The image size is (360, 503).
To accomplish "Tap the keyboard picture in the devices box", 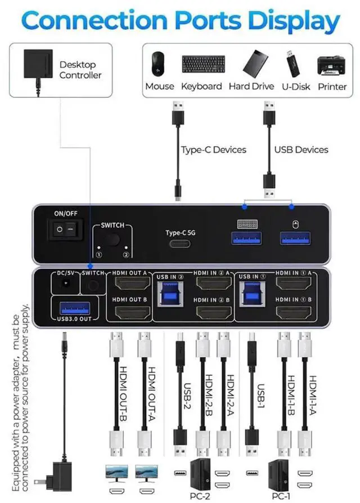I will pyautogui.click(x=203, y=65).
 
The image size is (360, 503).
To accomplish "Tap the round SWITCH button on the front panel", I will pyautogui.click(x=114, y=240).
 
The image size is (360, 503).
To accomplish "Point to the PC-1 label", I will pyautogui.click(x=281, y=496).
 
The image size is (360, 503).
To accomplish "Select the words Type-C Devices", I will pyautogui.click(x=213, y=150).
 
